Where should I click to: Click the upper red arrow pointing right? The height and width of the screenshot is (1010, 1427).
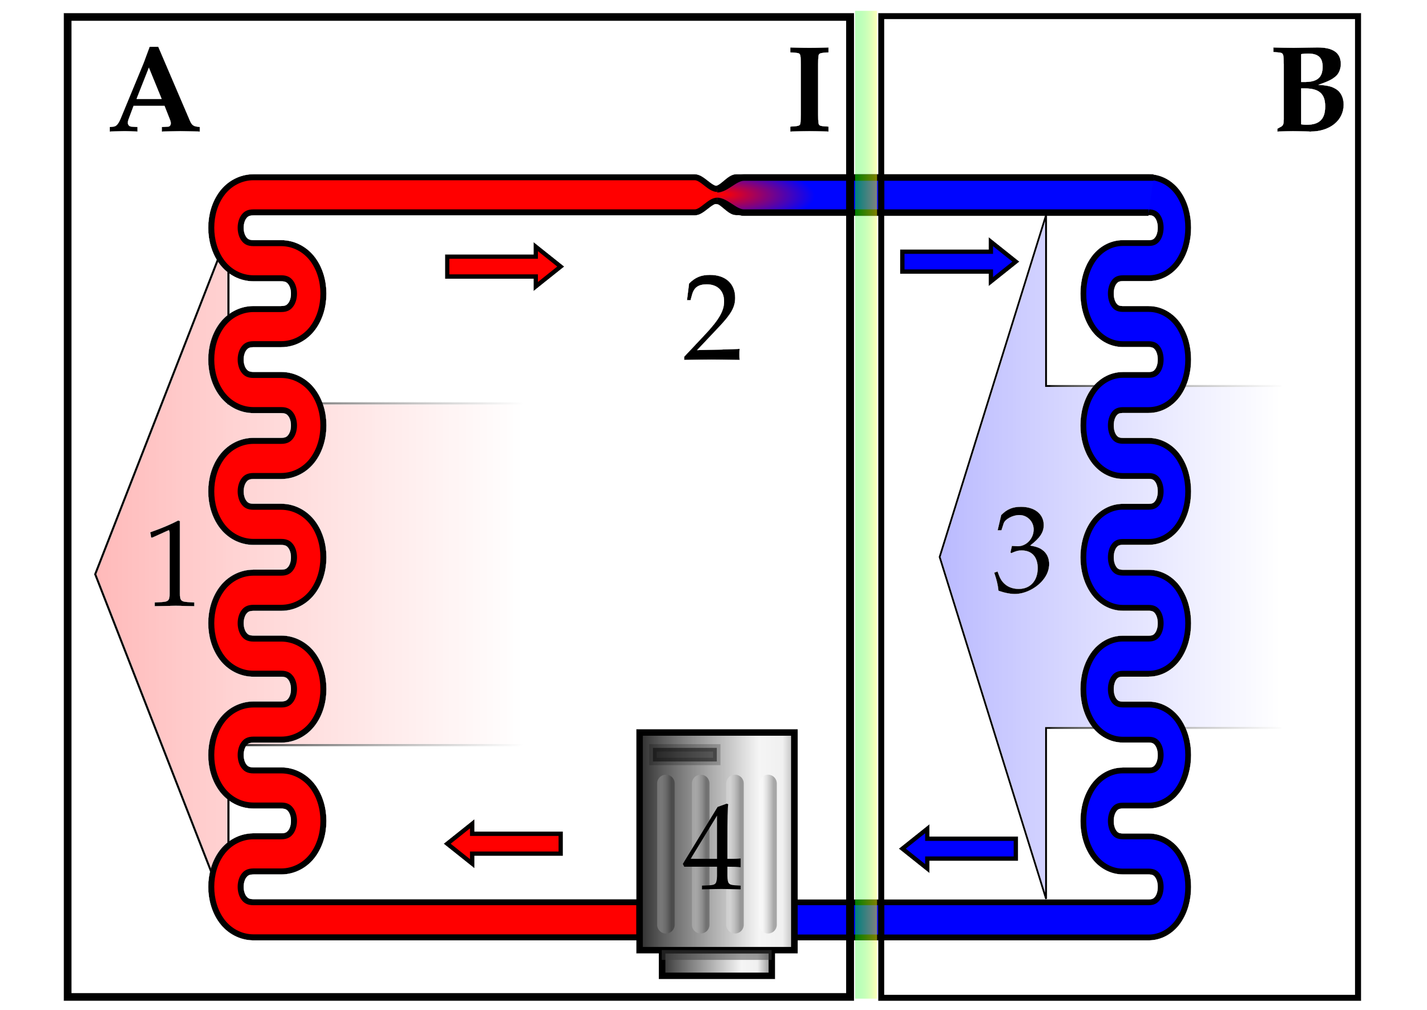point(504,267)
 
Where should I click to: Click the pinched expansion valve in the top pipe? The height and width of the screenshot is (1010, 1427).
point(717,195)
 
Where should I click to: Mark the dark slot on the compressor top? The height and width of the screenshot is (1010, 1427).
point(685,754)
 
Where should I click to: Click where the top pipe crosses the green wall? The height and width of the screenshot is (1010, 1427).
point(866,195)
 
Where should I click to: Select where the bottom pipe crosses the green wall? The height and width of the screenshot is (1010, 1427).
point(866,919)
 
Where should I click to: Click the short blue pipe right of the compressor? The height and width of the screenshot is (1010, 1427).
point(822,919)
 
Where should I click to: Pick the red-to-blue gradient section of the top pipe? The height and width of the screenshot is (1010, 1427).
point(771,195)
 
